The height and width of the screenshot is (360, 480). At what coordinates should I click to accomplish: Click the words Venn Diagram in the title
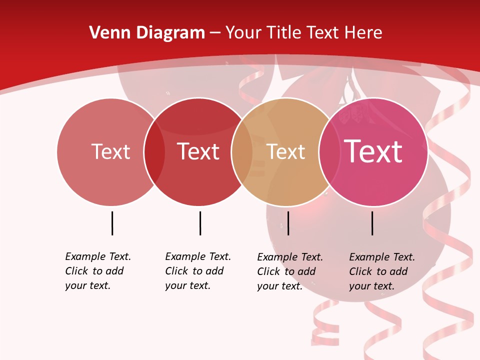[147, 33]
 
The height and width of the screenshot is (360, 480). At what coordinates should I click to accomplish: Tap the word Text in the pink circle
[373, 151]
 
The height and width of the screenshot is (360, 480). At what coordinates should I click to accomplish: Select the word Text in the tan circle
[285, 152]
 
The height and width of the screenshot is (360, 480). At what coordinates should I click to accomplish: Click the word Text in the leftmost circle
[110, 151]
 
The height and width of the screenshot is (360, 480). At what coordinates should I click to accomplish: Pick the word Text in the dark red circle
[198, 151]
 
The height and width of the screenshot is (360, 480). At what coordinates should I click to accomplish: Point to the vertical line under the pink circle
[372, 223]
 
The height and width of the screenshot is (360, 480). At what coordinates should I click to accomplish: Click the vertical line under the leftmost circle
[112, 223]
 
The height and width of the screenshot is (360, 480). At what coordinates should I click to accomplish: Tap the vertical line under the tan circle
[288, 223]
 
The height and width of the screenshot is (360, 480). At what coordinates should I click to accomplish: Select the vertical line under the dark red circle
[200, 223]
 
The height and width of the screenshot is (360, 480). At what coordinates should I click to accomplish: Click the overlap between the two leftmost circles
[154, 152]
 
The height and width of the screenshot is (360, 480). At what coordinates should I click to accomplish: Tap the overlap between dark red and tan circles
[242, 152]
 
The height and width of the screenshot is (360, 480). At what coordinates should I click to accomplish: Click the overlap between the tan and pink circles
[329, 152]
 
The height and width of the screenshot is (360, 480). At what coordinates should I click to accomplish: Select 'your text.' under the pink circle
[371, 286]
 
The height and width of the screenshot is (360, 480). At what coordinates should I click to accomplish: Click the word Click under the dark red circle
[176, 271]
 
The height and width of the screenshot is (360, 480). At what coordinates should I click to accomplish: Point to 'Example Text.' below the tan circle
[290, 257]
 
